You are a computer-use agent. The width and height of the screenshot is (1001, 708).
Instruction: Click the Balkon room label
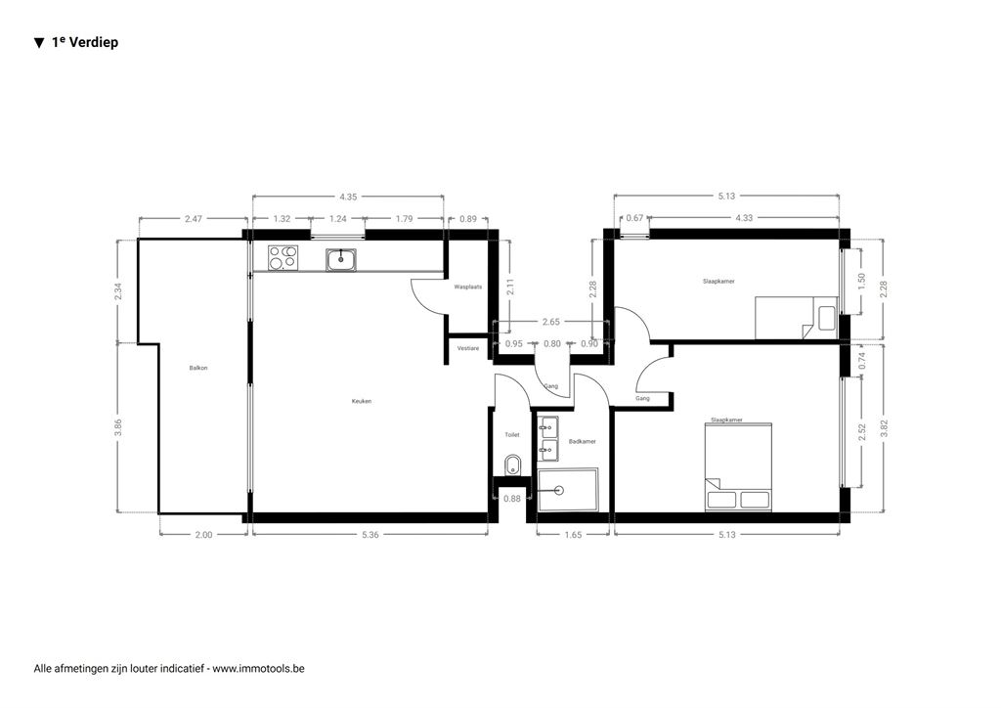[x=198, y=368]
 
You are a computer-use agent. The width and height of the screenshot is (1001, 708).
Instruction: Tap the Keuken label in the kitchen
[x=362, y=401]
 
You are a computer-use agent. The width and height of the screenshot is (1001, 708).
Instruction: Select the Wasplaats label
[x=468, y=288]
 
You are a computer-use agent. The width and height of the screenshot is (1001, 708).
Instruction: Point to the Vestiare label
[x=468, y=348]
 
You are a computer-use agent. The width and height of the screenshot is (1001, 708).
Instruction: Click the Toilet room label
[x=512, y=435]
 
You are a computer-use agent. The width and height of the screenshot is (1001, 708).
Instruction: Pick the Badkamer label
[x=583, y=441]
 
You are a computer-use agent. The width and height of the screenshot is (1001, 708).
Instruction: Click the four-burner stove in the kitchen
[x=283, y=257]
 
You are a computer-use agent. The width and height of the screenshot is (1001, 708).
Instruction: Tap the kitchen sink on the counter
[x=342, y=259]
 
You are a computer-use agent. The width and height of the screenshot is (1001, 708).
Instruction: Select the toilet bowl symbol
[x=512, y=465]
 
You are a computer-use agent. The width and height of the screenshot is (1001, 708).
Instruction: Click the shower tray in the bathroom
[x=568, y=490]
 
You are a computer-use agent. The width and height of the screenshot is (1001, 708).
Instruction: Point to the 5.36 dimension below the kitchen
[x=370, y=535]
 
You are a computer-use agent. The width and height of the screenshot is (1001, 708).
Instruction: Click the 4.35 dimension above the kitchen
[x=348, y=197]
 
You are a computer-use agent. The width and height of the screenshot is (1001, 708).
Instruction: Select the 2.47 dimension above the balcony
[x=193, y=218]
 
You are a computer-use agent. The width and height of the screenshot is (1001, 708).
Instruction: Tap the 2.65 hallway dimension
[x=551, y=322]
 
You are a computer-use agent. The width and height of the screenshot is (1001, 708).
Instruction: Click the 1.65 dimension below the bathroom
[x=573, y=535]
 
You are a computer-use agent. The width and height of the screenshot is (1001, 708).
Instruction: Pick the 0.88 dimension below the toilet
[x=512, y=499]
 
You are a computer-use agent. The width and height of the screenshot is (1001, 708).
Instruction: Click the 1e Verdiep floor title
[x=85, y=42]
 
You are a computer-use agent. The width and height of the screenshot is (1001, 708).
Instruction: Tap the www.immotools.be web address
[x=258, y=669]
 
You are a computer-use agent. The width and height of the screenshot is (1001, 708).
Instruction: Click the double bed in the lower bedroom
[x=739, y=467]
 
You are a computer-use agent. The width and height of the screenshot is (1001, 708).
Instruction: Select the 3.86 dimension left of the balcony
[x=117, y=427]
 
